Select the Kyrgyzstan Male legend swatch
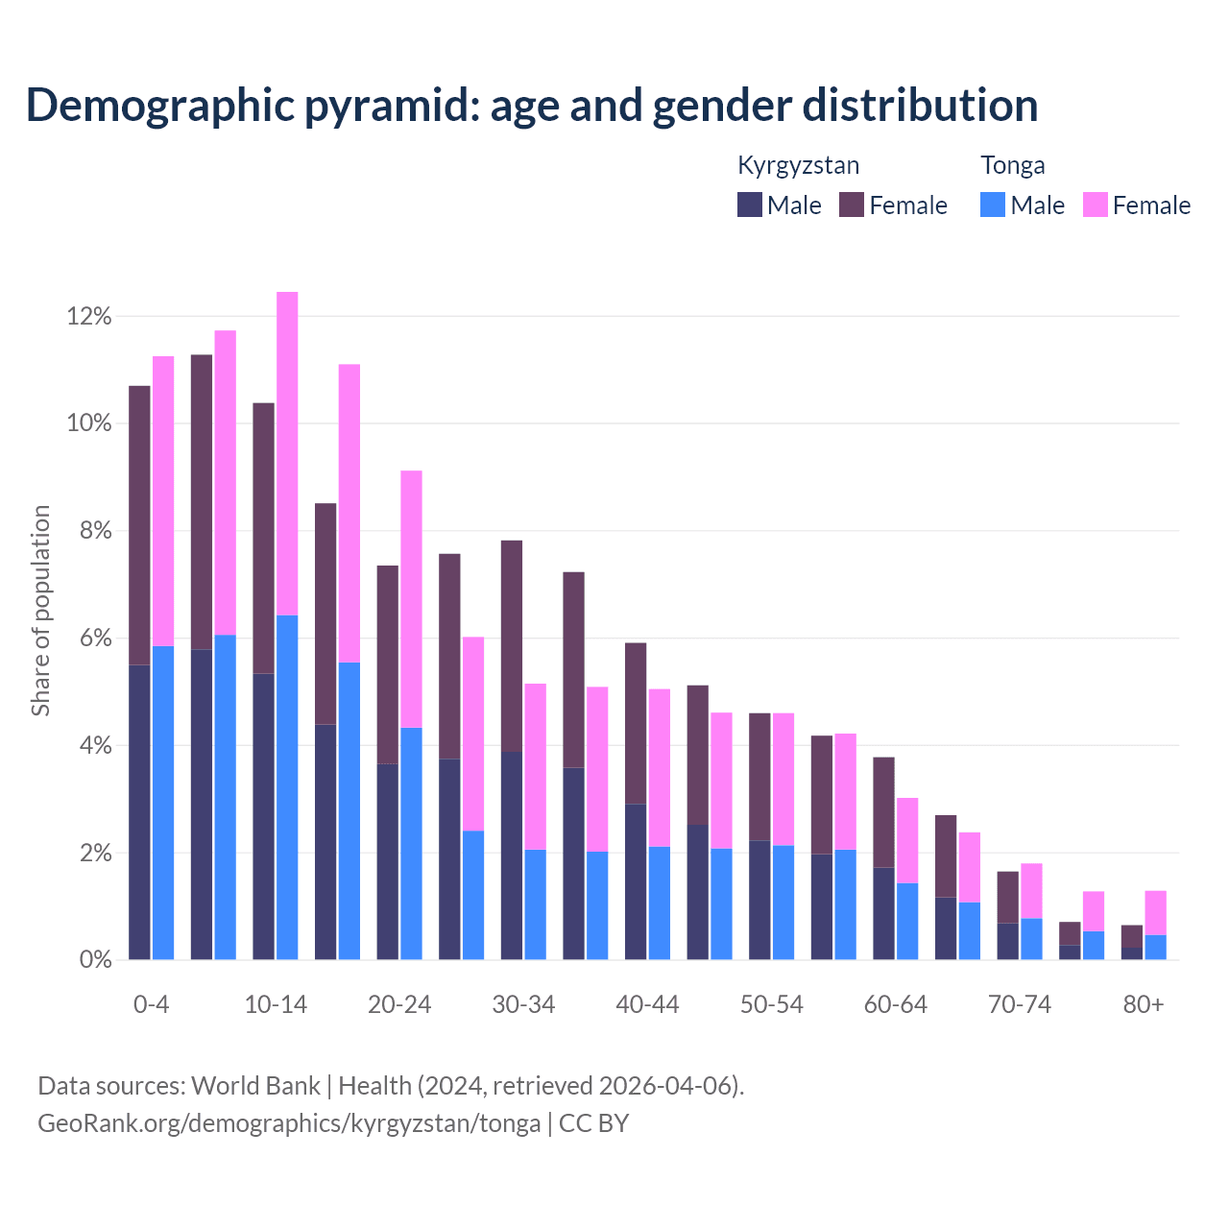[x=750, y=205]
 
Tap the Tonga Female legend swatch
[x=1095, y=205]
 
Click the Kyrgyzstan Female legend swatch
[x=852, y=205]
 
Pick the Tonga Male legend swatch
[x=993, y=205]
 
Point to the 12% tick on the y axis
[x=89, y=317]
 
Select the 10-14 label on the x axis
[x=276, y=1005]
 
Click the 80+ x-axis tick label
[x=1144, y=1005]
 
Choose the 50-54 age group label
[x=772, y=1005]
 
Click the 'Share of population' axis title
[x=41, y=611]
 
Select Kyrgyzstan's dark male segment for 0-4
[x=139, y=811]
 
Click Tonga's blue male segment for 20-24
[x=411, y=843]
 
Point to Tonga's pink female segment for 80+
[x=1156, y=912]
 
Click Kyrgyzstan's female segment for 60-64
[x=883, y=812]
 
